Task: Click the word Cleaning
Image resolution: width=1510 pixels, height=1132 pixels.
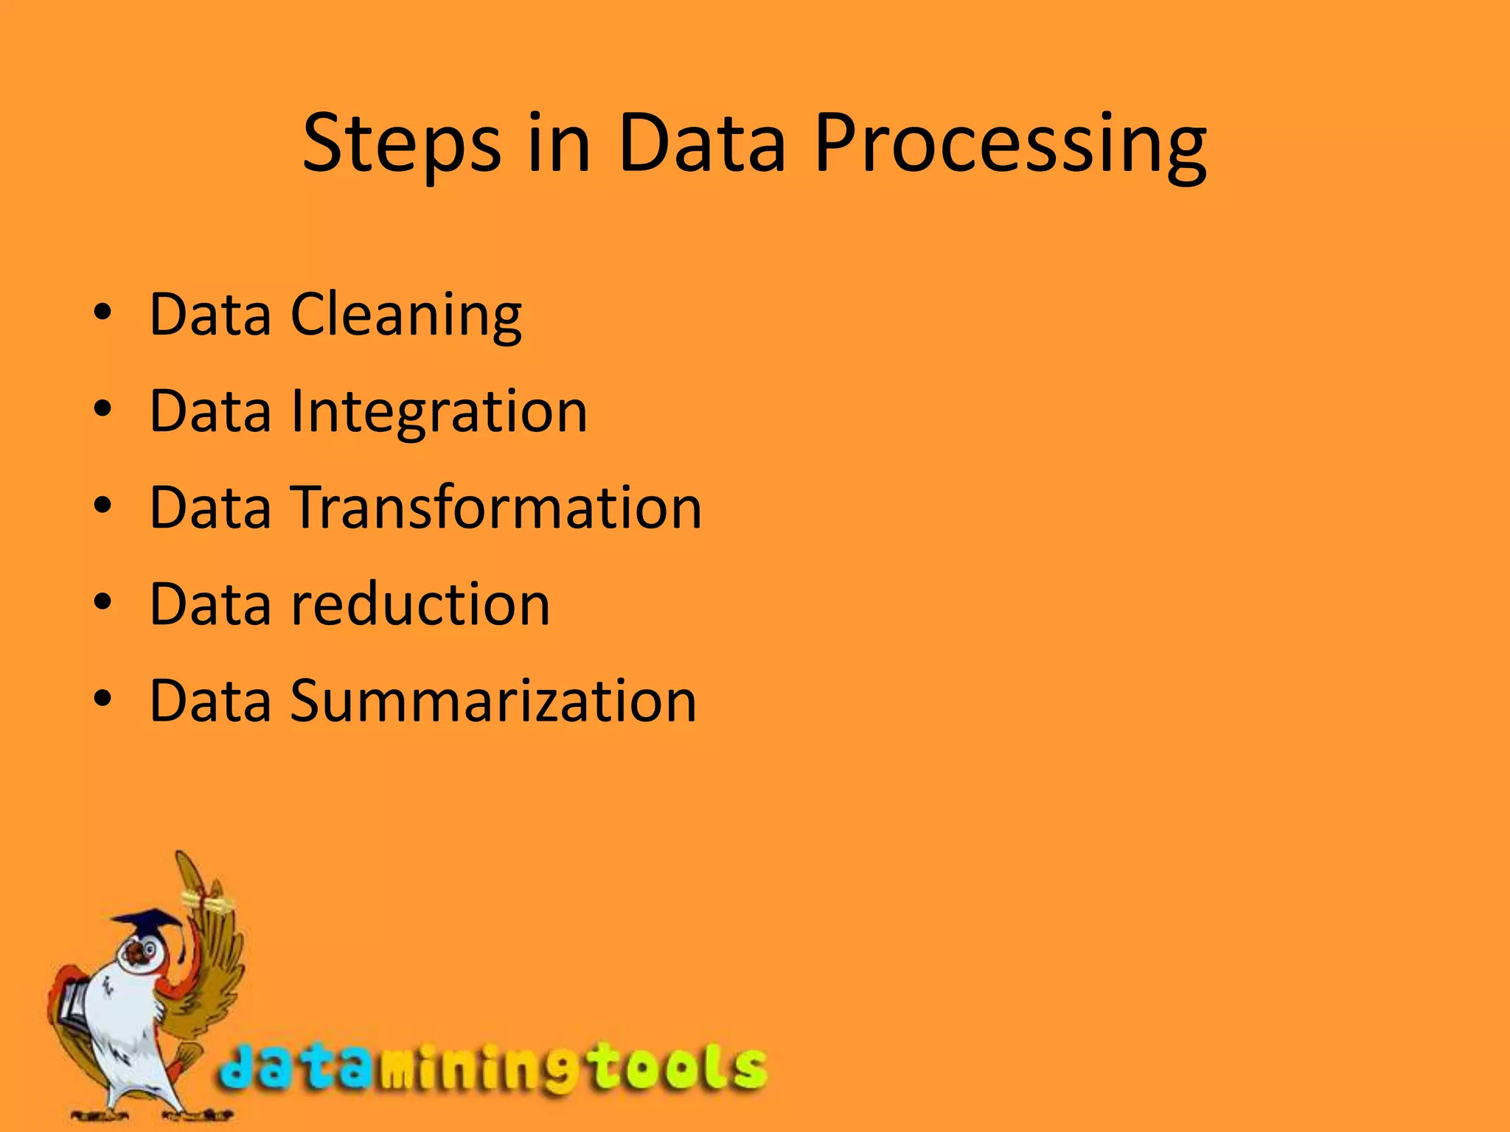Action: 406,315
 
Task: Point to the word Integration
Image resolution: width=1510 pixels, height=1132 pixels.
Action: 439,412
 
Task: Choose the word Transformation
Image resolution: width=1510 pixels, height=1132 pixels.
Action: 498,508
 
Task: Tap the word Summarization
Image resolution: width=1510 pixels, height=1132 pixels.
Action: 493,701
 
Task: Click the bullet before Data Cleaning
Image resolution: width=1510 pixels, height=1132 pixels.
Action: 102,313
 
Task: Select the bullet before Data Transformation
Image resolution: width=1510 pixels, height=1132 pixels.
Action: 102,506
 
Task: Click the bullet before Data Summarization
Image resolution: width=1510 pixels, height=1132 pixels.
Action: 102,699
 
